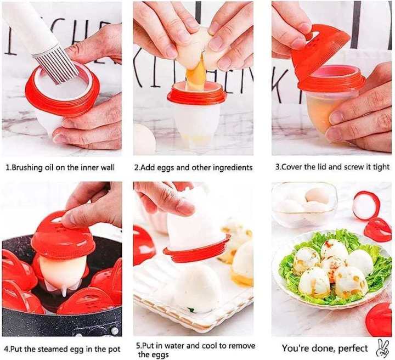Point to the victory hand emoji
[x=382, y=347]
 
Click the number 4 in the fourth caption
[x=5, y=348]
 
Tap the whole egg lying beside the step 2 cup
[x=144, y=139]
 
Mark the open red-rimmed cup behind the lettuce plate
[x=366, y=205]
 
